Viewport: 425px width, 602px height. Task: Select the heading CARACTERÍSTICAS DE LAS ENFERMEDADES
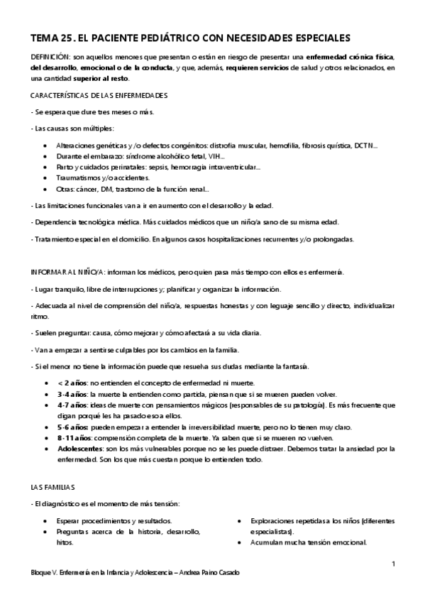[x=99, y=95]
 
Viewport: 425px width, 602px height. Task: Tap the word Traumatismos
[x=78, y=178]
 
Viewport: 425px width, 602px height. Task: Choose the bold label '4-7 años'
[x=72, y=405]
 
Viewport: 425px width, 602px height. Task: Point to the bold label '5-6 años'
[x=73, y=427]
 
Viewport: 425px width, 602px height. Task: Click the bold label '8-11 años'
[x=74, y=438]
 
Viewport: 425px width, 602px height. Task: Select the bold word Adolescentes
[x=82, y=449]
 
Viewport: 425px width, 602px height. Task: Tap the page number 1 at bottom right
[x=392, y=564]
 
